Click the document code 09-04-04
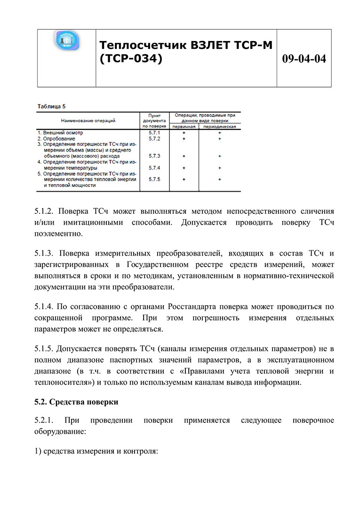304,58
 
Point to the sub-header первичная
184,127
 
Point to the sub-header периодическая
220,127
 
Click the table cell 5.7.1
154,133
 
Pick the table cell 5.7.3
154,156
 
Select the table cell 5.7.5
154,179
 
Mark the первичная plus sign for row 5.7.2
184,139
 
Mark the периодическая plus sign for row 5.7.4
220,168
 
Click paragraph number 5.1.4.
45,307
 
